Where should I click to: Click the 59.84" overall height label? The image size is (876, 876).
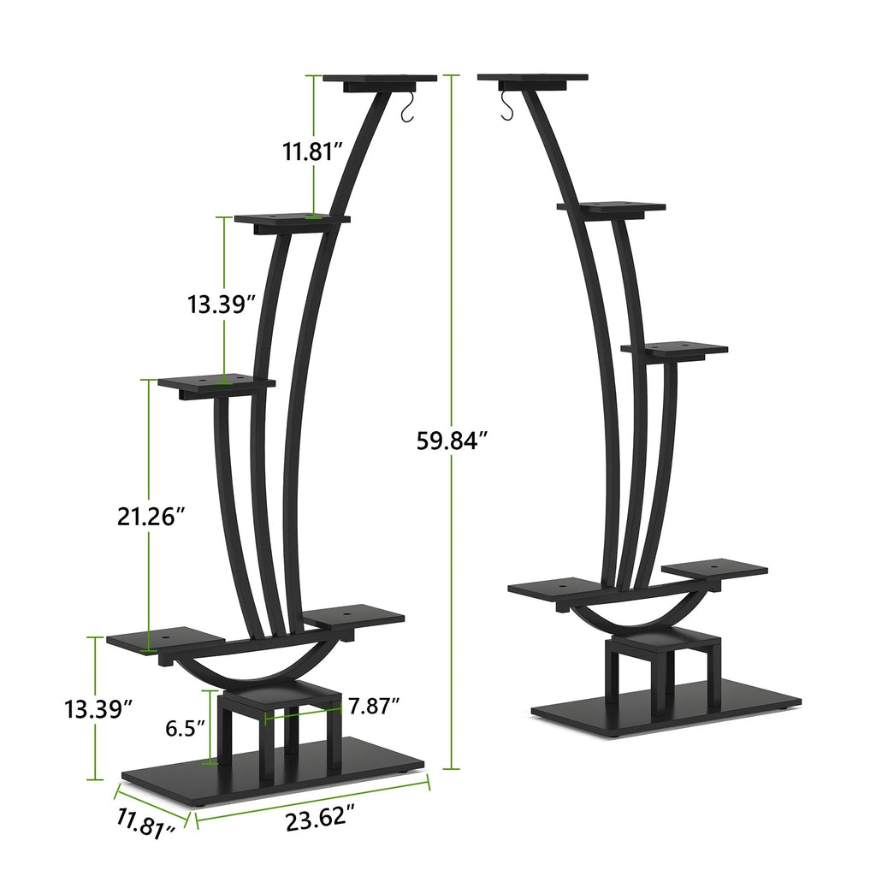tap(452, 440)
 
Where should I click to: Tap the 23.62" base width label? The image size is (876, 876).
tap(320, 819)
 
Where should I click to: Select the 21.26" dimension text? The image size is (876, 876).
tap(151, 516)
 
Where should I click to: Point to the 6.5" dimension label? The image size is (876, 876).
tap(186, 728)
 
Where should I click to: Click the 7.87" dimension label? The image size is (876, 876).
tap(375, 706)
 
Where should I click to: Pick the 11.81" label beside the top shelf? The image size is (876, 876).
tap(314, 152)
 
